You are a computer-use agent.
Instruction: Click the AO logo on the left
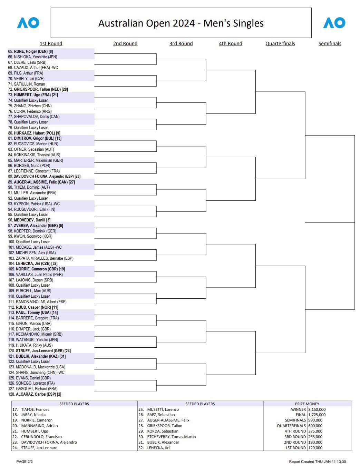pyautogui.click(x=28, y=23)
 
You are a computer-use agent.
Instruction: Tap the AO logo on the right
pyautogui.click(x=334, y=23)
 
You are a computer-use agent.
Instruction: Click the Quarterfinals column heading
pyautogui.click(x=280, y=43)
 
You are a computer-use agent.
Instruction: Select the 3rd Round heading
pyautogui.click(x=181, y=43)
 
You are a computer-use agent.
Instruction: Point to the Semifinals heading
pyautogui.click(x=330, y=43)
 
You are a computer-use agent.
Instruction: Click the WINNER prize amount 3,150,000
pyautogui.click(x=317, y=409)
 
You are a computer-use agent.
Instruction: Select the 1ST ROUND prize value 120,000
pyautogui.click(x=315, y=448)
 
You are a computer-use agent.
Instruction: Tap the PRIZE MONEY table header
pyautogui.click(x=307, y=404)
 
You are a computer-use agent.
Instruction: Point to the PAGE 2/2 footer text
pyautogui.click(x=25, y=462)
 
